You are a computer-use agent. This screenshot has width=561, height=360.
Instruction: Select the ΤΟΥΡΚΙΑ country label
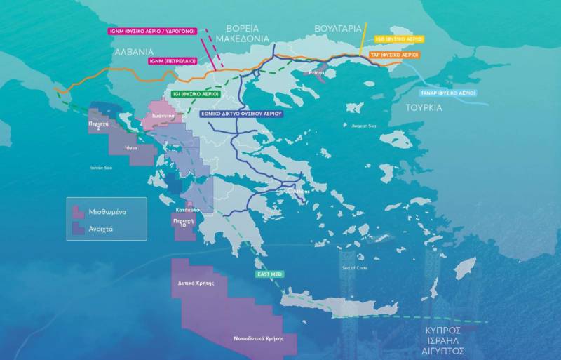coord(424,107)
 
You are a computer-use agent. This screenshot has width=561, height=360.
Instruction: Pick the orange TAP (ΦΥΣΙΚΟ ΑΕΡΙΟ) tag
coord(395,54)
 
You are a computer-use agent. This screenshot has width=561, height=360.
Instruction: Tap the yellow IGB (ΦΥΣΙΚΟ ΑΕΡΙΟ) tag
coord(397,39)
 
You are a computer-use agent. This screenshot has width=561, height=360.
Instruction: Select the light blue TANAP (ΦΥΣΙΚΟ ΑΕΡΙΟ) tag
coord(448,93)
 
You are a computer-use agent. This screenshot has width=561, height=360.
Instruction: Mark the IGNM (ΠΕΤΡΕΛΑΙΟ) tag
coord(173,61)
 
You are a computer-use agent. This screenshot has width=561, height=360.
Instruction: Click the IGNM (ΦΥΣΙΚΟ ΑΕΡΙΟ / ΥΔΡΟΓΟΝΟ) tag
coord(152,31)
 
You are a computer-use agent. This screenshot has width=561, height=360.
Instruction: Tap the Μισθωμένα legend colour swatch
coord(78,210)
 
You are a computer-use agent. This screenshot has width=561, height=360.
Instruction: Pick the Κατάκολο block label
coord(189,209)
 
